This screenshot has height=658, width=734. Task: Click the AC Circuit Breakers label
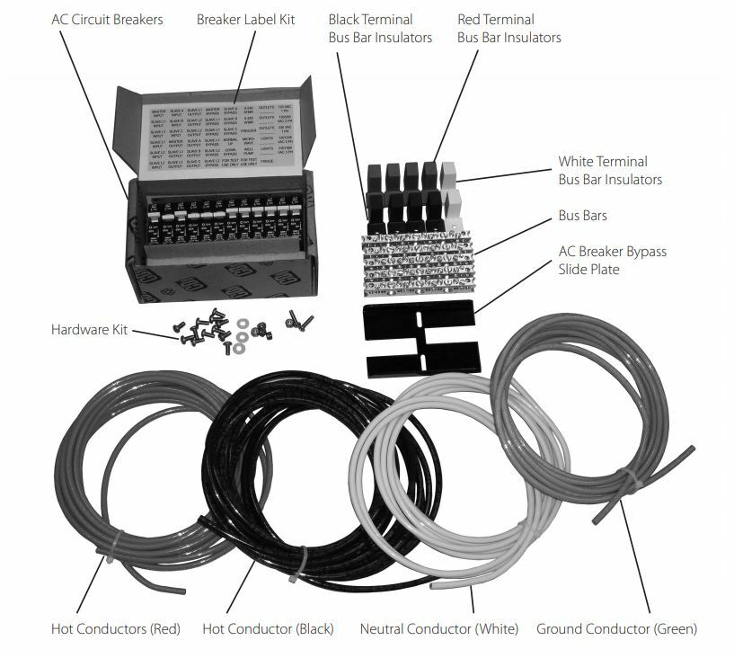107,19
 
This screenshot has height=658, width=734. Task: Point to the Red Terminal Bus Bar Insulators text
508,28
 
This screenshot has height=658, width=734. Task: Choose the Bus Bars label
582,216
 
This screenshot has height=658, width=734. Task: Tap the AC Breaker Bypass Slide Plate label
612,260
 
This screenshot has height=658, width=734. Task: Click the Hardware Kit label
87,330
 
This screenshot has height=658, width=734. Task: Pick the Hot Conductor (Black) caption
268,628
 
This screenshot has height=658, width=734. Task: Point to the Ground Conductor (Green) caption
616,628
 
